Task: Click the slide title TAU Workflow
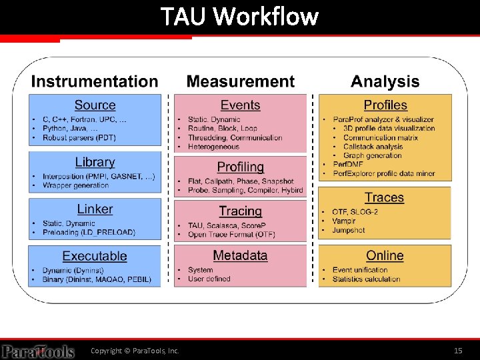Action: (x=239, y=16)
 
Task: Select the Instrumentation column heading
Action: (x=95, y=82)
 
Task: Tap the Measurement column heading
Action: (x=240, y=82)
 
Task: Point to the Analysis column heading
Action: (x=385, y=82)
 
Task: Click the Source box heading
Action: (x=95, y=105)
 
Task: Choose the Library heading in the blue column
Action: (x=95, y=162)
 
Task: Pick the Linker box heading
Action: (x=95, y=209)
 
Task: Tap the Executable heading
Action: (x=95, y=256)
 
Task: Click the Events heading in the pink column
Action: (x=240, y=105)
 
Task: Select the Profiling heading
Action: (x=240, y=167)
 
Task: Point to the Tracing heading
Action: (x=240, y=211)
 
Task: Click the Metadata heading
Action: (x=240, y=255)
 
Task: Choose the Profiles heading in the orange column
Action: (x=385, y=105)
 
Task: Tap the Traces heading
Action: (x=384, y=197)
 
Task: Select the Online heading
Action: (x=385, y=255)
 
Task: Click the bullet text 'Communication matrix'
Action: (x=381, y=137)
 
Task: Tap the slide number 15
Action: (x=458, y=351)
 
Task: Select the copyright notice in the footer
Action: (x=135, y=351)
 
